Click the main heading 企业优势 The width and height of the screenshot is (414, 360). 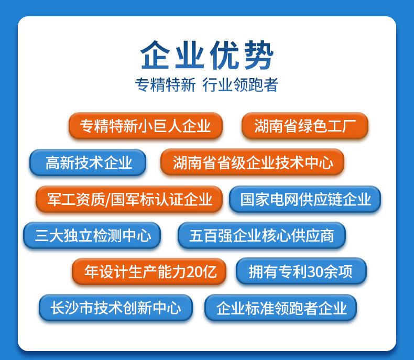207,55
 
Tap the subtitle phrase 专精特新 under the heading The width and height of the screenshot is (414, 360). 165,84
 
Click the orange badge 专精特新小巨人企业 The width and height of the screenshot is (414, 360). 146,126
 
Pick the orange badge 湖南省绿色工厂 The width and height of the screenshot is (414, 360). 305,126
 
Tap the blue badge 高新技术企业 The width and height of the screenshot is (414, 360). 88,162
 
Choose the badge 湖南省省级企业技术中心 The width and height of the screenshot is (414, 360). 253,162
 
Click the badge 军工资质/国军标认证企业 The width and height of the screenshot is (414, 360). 129,199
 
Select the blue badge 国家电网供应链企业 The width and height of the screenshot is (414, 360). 305,199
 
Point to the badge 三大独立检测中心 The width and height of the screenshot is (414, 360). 93,235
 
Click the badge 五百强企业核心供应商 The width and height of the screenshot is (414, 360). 262,235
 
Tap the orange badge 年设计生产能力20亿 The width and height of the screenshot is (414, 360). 149,271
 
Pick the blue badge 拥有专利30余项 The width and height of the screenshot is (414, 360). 300,271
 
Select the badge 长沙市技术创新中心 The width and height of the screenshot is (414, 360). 115,308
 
